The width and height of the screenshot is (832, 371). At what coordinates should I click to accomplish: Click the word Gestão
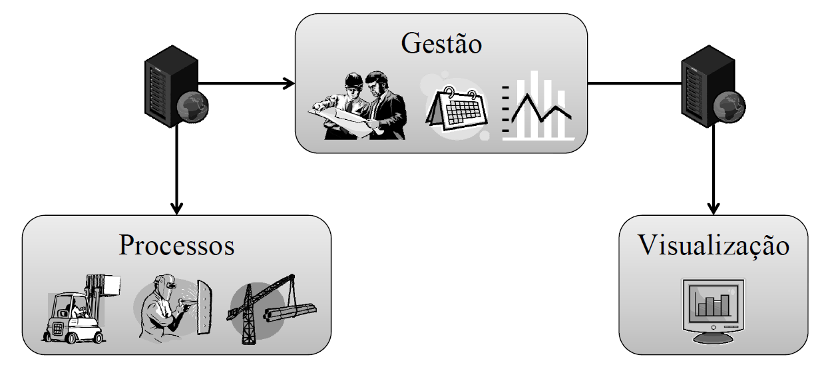(x=441, y=45)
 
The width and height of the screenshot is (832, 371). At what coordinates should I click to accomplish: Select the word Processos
(x=177, y=245)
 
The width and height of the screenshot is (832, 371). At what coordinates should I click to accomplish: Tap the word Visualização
(x=714, y=245)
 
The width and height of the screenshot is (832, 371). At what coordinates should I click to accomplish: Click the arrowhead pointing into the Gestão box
(x=290, y=84)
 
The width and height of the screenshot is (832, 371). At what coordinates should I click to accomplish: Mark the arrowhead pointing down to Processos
(x=176, y=208)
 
